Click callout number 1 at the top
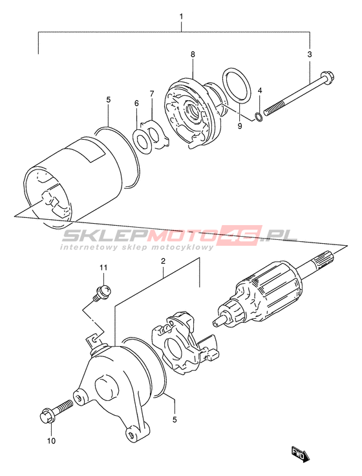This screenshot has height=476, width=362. coord(182,16)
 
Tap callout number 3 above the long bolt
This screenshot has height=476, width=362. coord(310,54)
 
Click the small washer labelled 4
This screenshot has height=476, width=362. coord(259,116)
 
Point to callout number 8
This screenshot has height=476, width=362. coord(193,54)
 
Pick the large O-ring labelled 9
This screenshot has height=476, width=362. coord(237,84)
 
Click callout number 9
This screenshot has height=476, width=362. coord(240,126)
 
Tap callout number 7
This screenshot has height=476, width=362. coord(152,94)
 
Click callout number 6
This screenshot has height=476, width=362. coord(136,103)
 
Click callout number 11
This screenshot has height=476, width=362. coord(103,268)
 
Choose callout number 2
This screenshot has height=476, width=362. coord(163,261)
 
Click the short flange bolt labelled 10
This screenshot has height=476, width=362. coord(56,411)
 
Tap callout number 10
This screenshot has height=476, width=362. coord(52,440)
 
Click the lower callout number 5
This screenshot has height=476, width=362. coord(175,420)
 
